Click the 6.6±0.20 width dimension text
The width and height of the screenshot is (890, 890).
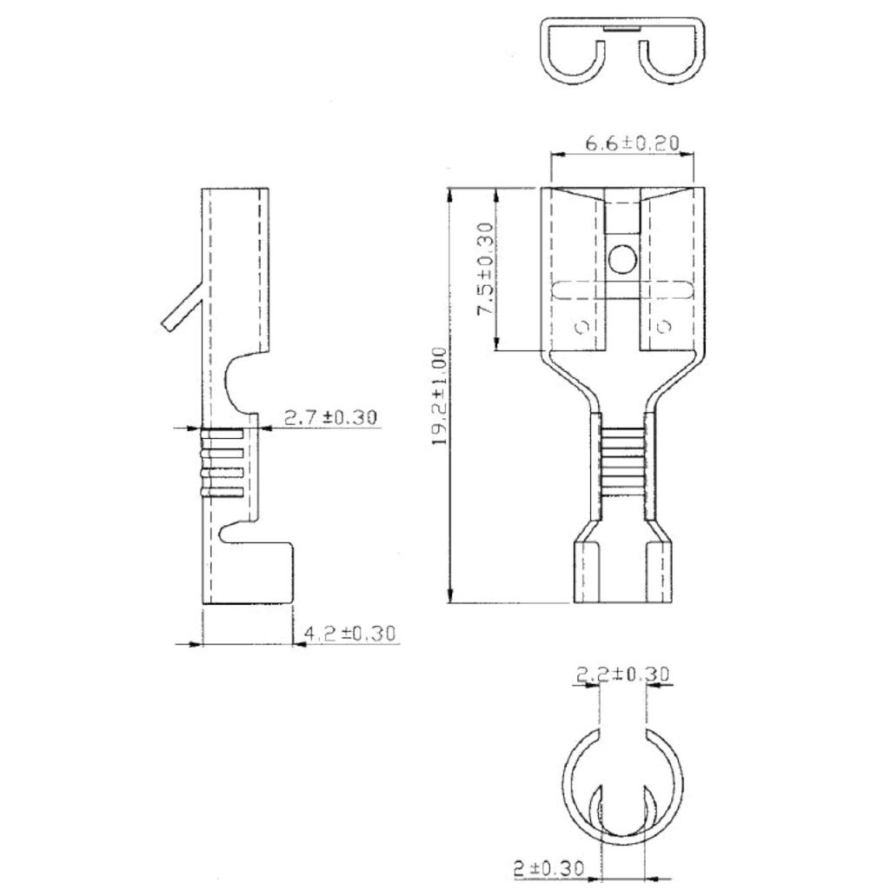point(631,143)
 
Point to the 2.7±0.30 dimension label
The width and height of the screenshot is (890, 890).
point(331,417)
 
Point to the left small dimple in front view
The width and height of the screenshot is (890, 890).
point(581,327)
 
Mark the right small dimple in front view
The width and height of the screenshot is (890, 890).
point(665,327)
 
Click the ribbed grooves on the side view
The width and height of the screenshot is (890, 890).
point(223,464)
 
